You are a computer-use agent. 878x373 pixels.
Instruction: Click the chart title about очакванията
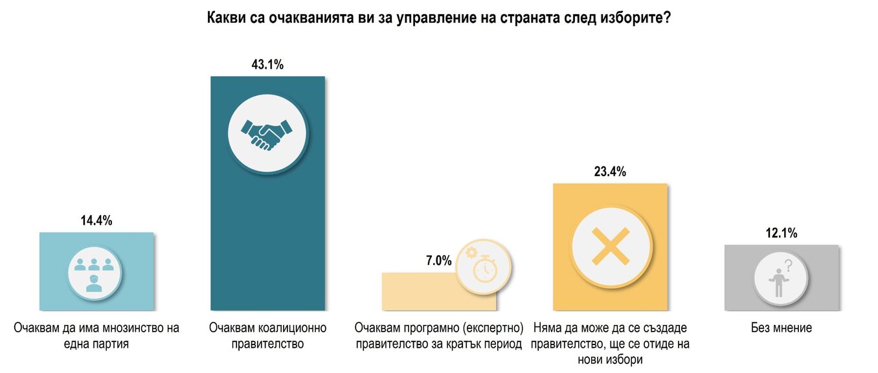pyautogui.click(x=438, y=18)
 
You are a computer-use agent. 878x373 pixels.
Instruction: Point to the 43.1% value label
pyautogui.click(x=267, y=65)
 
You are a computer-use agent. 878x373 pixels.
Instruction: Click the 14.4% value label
pyautogui.click(x=96, y=221)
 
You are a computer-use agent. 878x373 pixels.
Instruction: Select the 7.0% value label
pyautogui.click(x=438, y=261)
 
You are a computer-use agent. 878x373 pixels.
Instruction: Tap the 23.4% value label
pyautogui.click(x=609, y=172)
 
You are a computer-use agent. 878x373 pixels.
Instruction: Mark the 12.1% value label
pyautogui.click(x=781, y=233)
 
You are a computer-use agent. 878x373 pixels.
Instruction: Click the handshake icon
pyautogui.click(x=267, y=132)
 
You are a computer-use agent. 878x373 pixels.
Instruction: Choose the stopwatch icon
pyautogui.click(x=484, y=267)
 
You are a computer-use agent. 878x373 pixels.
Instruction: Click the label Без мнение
pyautogui.click(x=781, y=328)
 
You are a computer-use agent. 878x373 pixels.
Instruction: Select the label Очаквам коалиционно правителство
pyautogui.click(x=267, y=335)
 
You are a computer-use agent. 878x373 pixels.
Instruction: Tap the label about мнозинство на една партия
pyautogui.click(x=96, y=335)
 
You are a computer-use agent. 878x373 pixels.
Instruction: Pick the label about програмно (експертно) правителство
pyautogui.click(x=438, y=335)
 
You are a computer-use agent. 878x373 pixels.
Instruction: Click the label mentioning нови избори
pyautogui.click(x=609, y=343)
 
